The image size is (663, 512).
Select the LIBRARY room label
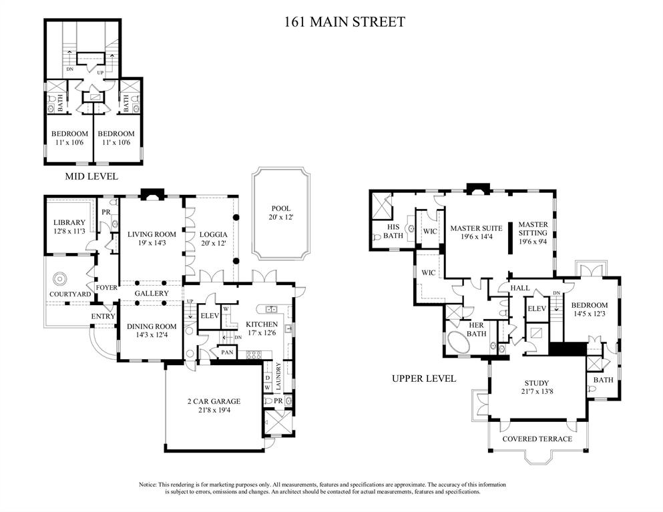coord(69,222)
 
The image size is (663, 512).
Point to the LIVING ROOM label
coord(152,234)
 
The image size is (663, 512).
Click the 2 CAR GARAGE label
coord(213,401)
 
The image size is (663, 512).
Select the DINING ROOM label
coord(152,326)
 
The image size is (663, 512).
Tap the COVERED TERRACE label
coord(537,439)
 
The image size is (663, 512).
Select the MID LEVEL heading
coord(91,176)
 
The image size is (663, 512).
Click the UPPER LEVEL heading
coord(424,378)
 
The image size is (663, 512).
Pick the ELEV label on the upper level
coord(536,308)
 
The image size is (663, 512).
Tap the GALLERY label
coord(152,294)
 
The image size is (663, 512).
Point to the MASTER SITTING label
coord(533,229)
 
